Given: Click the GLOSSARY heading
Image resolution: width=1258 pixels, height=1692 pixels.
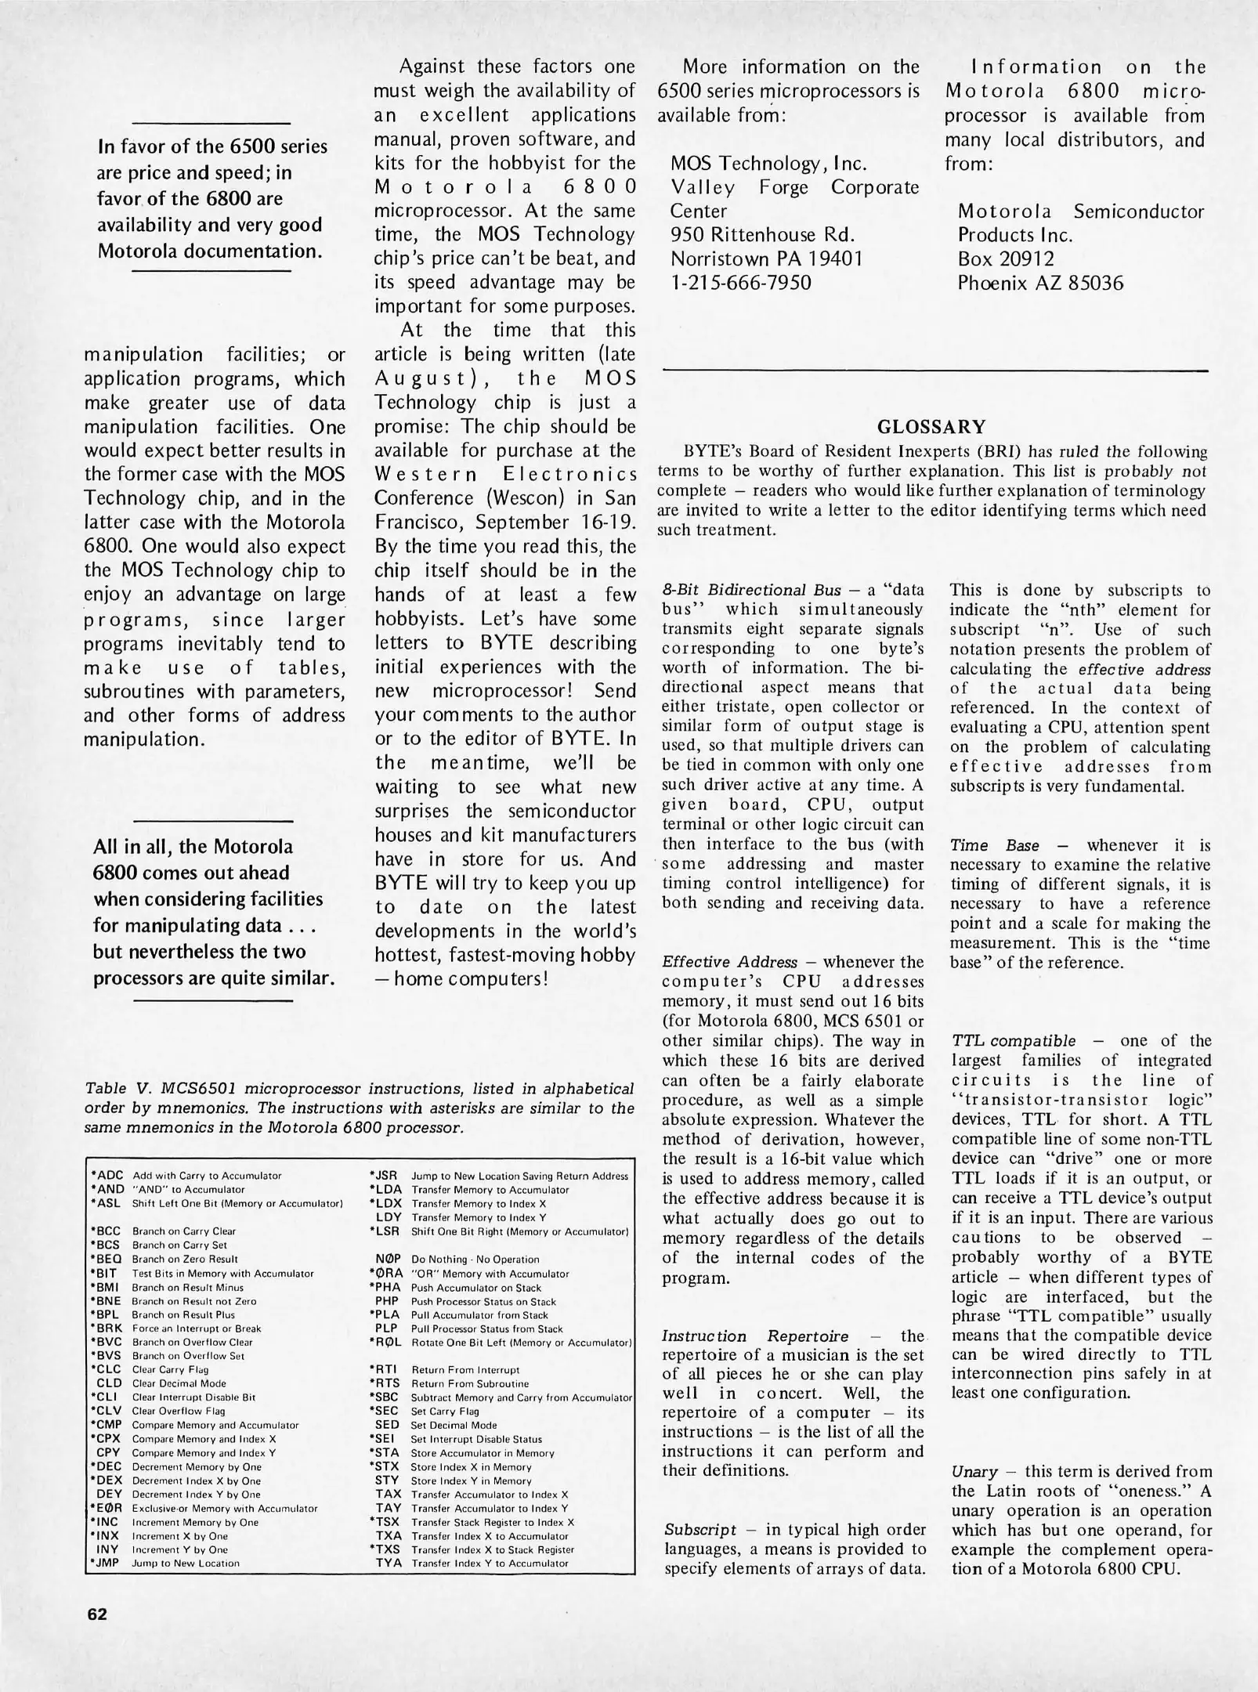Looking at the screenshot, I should pyautogui.click(x=931, y=427).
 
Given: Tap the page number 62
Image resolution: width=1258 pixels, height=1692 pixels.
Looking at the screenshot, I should pyautogui.click(x=97, y=1613).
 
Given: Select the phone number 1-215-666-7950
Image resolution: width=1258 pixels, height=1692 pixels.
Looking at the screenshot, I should pyautogui.click(x=740, y=282).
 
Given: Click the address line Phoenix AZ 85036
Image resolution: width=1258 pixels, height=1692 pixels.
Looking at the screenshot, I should pyautogui.click(x=1039, y=283).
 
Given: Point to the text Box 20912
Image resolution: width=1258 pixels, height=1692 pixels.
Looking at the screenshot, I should pyautogui.click(x=1006, y=258).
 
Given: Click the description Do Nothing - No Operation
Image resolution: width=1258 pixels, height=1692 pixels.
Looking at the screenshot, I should pyautogui.click(x=475, y=1260).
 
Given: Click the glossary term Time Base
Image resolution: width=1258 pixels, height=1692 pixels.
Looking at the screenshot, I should pyautogui.click(x=994, y=845).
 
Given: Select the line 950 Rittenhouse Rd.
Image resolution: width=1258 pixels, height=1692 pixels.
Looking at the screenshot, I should pyautogui.click(x=761, y=234).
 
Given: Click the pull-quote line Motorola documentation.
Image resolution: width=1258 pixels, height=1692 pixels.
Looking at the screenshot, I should pyautogui.click(x=209, y=251).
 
